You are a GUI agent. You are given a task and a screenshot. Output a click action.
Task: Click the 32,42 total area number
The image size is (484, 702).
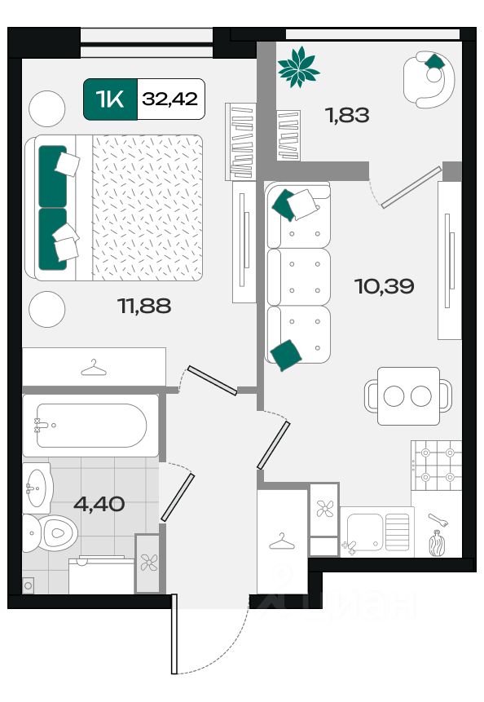(x=170, y=99)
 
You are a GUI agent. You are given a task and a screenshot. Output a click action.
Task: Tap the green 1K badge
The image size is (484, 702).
(x=110, y=99)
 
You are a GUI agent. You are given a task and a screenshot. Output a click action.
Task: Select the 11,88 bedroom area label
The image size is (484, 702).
(x=144, y=307)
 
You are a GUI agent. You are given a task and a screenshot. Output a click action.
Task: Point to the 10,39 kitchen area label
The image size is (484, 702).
(x=385, y=286)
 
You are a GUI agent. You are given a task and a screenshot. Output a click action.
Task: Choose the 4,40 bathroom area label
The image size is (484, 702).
(x=99, y=504)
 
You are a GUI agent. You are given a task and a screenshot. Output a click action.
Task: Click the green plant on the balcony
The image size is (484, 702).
(x=298, y=67)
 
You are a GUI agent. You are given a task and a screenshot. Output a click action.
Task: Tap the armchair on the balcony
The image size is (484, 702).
(x=429, y=79)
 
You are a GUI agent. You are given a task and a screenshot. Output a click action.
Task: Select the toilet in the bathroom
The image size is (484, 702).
(x=50, y=532)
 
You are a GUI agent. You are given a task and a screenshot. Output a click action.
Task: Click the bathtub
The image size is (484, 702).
(x=90, y=426)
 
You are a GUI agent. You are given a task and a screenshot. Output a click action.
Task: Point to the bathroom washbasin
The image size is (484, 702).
(x=37, y=488)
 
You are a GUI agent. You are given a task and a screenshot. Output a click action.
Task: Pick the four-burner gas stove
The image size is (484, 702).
(x=436, y=466)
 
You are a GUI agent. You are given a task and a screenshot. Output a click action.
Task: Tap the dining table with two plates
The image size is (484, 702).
(x=408, y=395)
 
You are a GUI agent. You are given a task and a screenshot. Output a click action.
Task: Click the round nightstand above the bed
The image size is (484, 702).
(x=47, y=108)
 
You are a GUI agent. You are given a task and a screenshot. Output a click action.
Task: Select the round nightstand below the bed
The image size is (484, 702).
(x=47, y=309)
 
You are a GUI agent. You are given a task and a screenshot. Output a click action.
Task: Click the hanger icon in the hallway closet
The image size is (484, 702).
(x=282, y=541)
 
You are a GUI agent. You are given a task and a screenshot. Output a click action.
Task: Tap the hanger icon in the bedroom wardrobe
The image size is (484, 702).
(x=94, y=368)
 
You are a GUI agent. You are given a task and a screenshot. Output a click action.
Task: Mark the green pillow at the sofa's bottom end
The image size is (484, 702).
(x=286, y=355)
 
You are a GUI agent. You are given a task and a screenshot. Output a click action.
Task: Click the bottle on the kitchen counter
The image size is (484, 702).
(x=437, y=543)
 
